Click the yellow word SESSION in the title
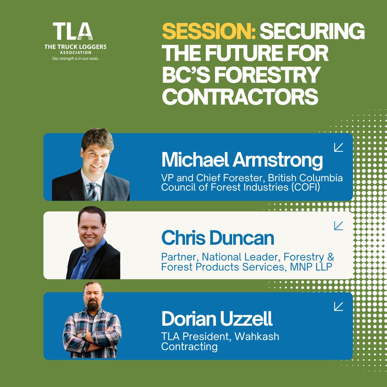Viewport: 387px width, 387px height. click(x=209, y=31)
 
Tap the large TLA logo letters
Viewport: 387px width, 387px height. click(x=73, y=31)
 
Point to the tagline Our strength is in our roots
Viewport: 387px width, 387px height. click(x=75, y=59)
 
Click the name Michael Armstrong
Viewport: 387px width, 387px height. click(x=242, y=160)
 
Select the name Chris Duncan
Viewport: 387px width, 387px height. click(x=218, y=238)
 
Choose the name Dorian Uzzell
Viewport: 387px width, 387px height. click(x=217, y=319)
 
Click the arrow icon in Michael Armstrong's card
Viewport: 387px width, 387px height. click(x=338, y=147)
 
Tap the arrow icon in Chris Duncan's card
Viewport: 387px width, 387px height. click(x=338, y=226)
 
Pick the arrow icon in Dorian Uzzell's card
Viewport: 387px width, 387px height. click(x=338, y=306)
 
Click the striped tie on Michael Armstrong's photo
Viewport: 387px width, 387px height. click(x=92, y=191)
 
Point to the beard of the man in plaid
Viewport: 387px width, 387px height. click(x=93, y=305)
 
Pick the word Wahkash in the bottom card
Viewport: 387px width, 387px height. click(x=257, y=336)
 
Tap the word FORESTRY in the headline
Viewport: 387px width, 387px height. click(x=267, y=75)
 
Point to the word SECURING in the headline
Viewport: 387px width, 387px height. click(x=312, y=31)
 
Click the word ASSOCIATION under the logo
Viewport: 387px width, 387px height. click(x=76, y=53)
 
